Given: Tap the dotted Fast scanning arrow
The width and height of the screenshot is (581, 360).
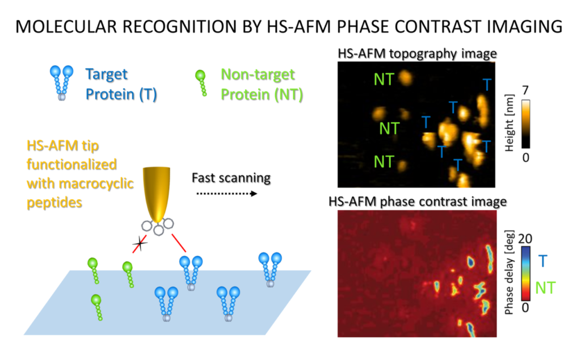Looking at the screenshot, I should tap(225, 193).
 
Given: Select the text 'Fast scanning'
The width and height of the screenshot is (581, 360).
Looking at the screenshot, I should tap(230, 177).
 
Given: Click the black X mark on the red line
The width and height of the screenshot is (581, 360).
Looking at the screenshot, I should tap(140, 245).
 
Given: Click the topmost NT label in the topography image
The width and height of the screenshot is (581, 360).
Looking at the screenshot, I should tap(384, 79).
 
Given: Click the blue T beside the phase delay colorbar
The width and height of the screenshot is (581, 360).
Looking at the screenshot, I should tap(543, 261).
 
